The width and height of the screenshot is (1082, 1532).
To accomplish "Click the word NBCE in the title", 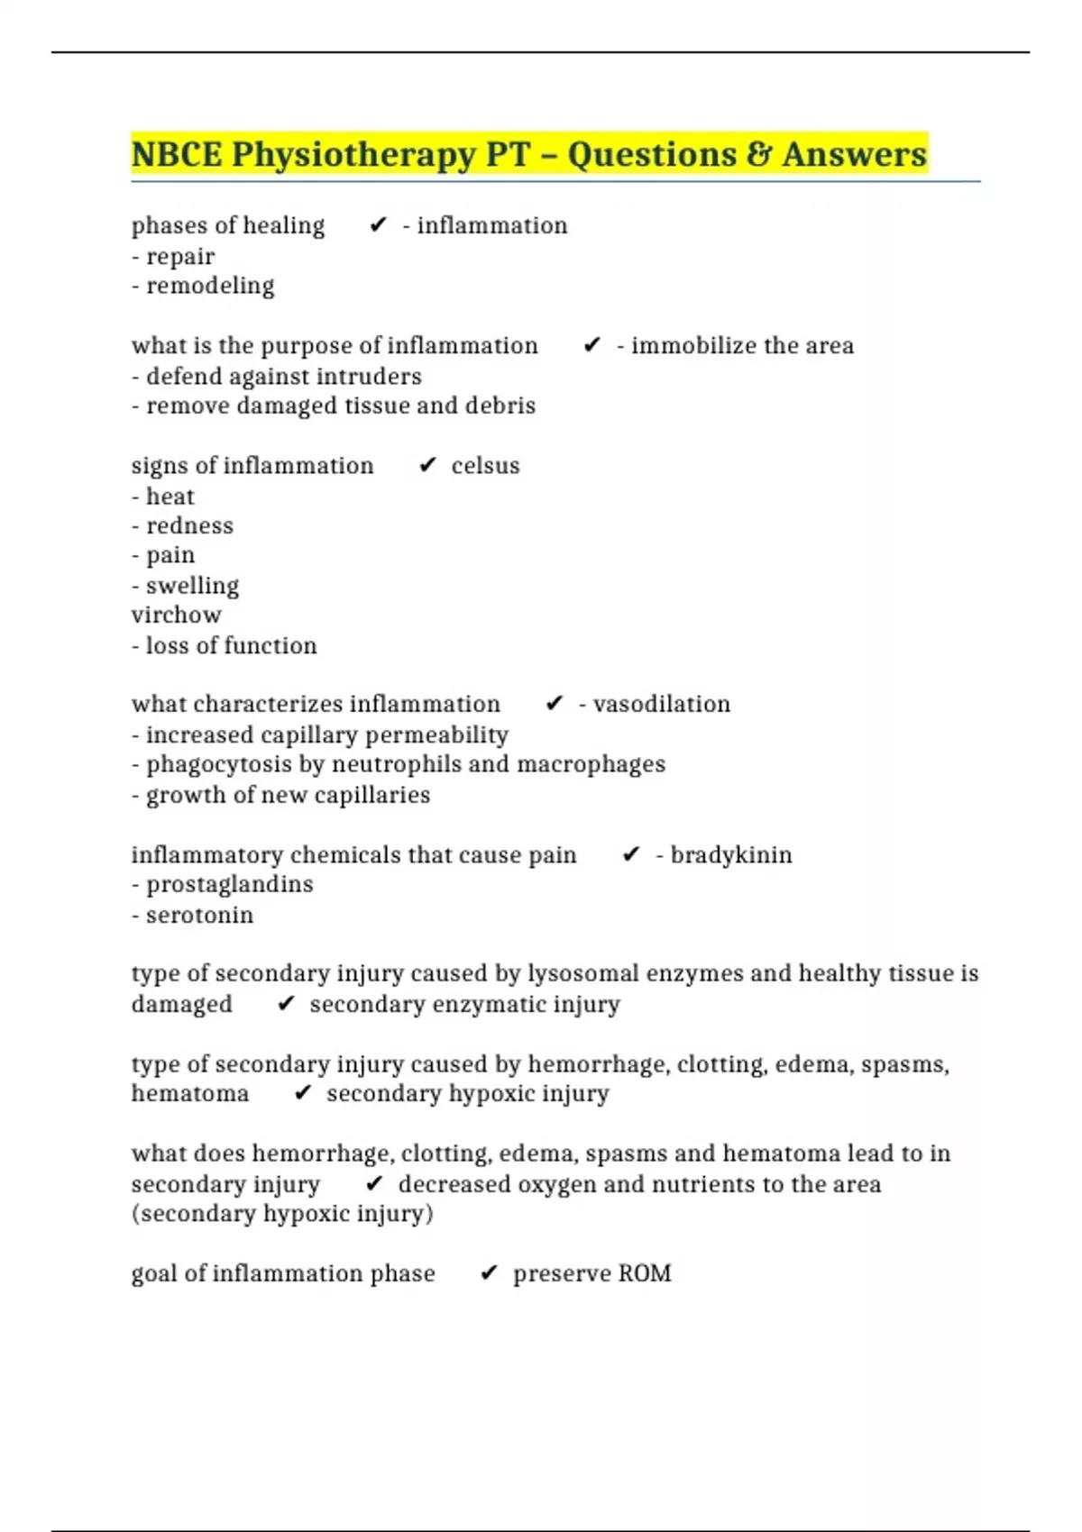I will (x=177, y=154).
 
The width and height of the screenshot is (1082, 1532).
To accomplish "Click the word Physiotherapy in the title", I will (x=353, y=156).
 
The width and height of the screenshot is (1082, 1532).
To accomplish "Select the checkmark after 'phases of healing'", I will (x=378, y=225).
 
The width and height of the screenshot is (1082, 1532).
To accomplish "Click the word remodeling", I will (x=210, y=286).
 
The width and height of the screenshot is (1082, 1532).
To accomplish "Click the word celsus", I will (x=485, y=466).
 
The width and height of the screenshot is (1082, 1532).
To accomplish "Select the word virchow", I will (x=176, y=615).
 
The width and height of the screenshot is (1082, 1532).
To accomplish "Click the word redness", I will (x=189, y=525).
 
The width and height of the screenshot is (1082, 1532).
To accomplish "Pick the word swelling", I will (x=192, y=586).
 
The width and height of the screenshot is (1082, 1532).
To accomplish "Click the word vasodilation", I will (x=661, y=704).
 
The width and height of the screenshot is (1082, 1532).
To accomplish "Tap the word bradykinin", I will (x=730, y=854).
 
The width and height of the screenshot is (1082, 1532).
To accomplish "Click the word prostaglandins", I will (x=229, y=884).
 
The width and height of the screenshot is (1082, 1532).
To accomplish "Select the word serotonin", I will (x=199, y=915).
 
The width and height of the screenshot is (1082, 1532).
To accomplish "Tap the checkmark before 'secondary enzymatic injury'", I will (x=286, y=1004).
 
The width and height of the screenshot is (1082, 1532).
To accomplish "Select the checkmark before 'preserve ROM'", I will (x=489, y=1273).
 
